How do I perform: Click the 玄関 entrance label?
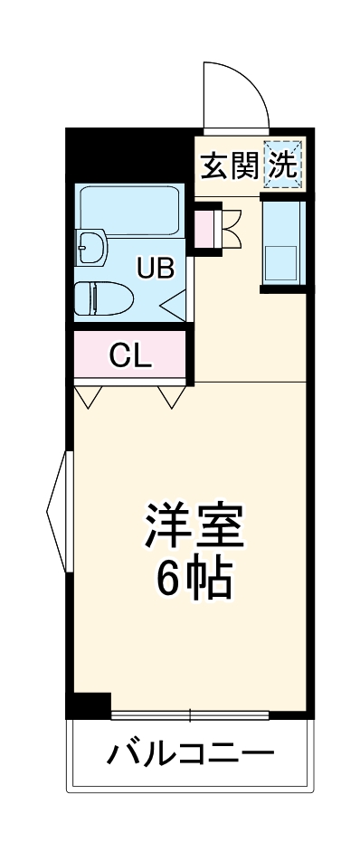(228, 166)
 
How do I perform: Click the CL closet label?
(130, 355)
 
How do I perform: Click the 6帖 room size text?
(194, 579)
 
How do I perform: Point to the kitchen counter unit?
(283, 242)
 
